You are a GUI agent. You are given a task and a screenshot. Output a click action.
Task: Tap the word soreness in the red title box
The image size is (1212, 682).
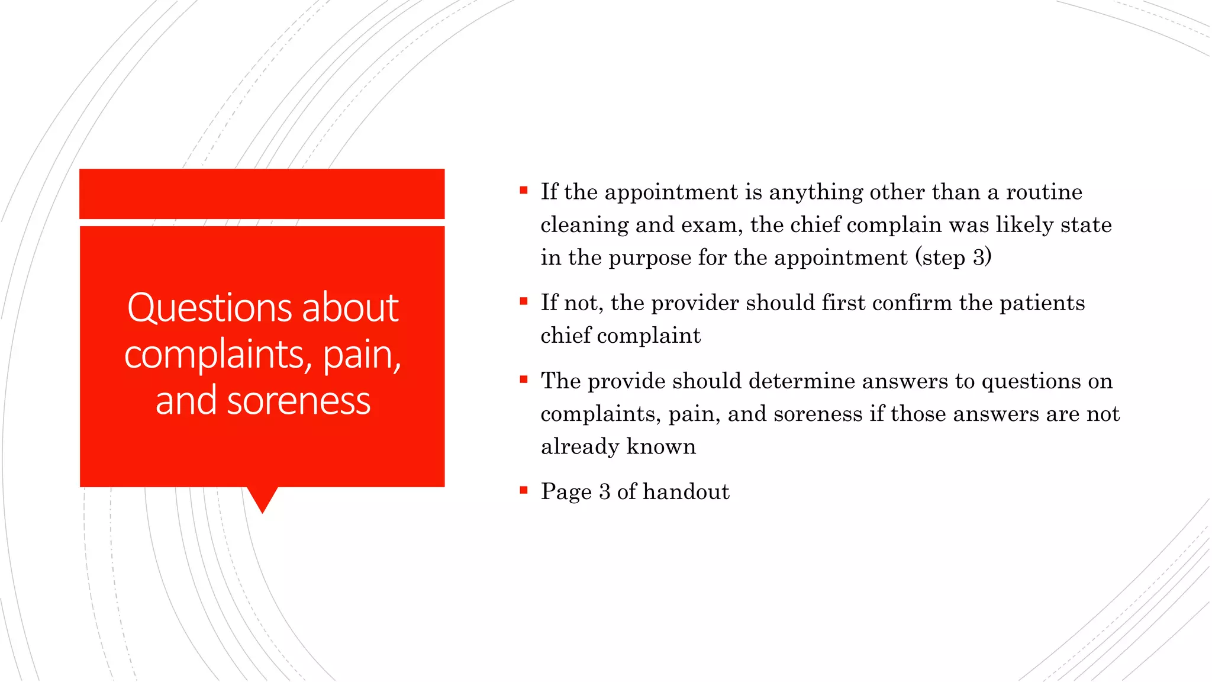point(298,401)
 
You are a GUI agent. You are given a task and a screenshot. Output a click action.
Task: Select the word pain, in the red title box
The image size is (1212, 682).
point(362,355)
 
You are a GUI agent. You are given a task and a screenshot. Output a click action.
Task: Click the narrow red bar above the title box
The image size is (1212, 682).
point(262,194)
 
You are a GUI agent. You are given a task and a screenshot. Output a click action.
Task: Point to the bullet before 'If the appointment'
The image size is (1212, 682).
point(523,191)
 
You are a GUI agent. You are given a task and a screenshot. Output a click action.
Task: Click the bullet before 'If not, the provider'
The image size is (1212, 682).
point(523,301)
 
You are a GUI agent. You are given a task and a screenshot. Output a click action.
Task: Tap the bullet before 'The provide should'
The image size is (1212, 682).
point(523,379)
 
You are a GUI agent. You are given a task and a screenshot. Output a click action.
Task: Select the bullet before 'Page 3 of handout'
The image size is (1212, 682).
point(523,490)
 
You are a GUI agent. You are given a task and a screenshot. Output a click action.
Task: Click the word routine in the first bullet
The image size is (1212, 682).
point(1044,192)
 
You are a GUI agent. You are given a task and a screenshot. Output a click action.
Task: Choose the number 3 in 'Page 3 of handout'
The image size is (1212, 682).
point(604,492)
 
